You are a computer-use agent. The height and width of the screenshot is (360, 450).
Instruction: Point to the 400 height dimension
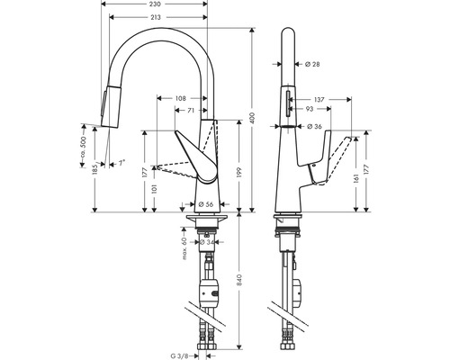[x=254, y=118]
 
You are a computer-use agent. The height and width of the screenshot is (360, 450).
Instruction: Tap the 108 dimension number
[x=181, y=96]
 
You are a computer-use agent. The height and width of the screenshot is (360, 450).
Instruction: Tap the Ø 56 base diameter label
[x=206, y=203]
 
